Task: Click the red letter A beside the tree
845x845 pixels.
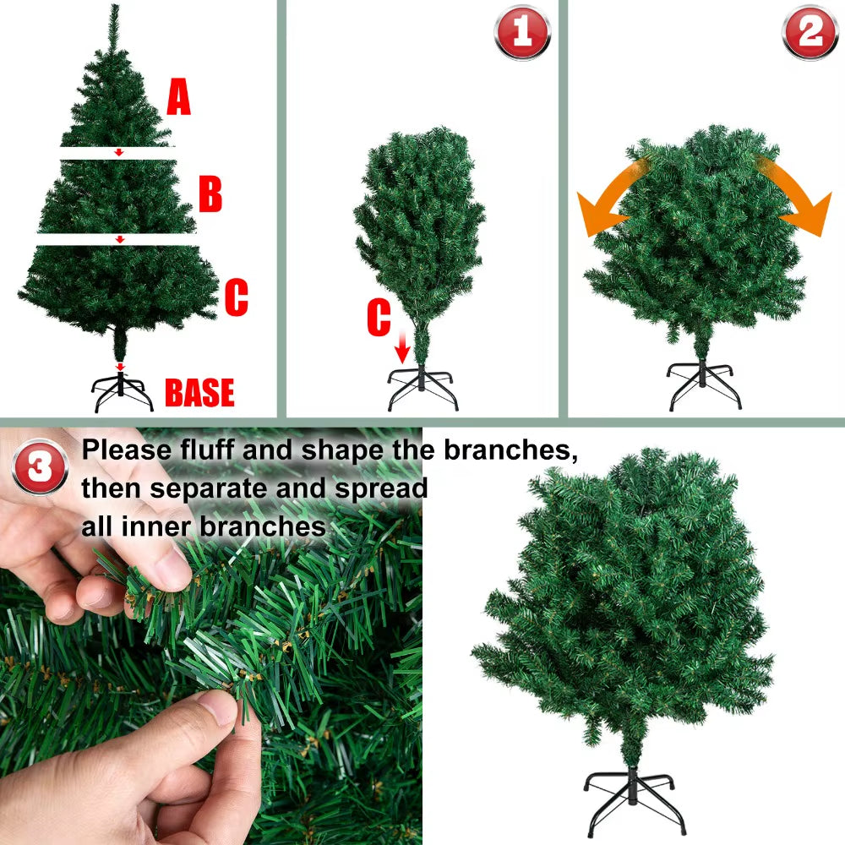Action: click(178, 98)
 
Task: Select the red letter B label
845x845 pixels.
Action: click(210, 194)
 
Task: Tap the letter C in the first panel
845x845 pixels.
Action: click(236, 298)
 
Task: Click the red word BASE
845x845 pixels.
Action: click(199, 394)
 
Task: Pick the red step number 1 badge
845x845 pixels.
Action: click(521, 33)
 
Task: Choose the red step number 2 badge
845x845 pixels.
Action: click(810, 33)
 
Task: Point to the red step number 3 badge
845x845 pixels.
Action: click(40, 467)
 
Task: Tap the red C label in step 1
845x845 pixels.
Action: click(379, 319)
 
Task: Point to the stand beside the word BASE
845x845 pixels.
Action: click(123, 391)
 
